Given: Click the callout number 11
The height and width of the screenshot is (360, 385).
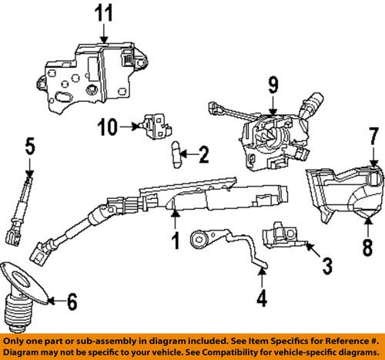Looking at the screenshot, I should click(x=104, y=13).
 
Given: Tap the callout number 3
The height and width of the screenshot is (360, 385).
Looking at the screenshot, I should click(x=326, y=268).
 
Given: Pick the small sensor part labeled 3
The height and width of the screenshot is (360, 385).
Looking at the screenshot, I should click(x=283, y=233).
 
